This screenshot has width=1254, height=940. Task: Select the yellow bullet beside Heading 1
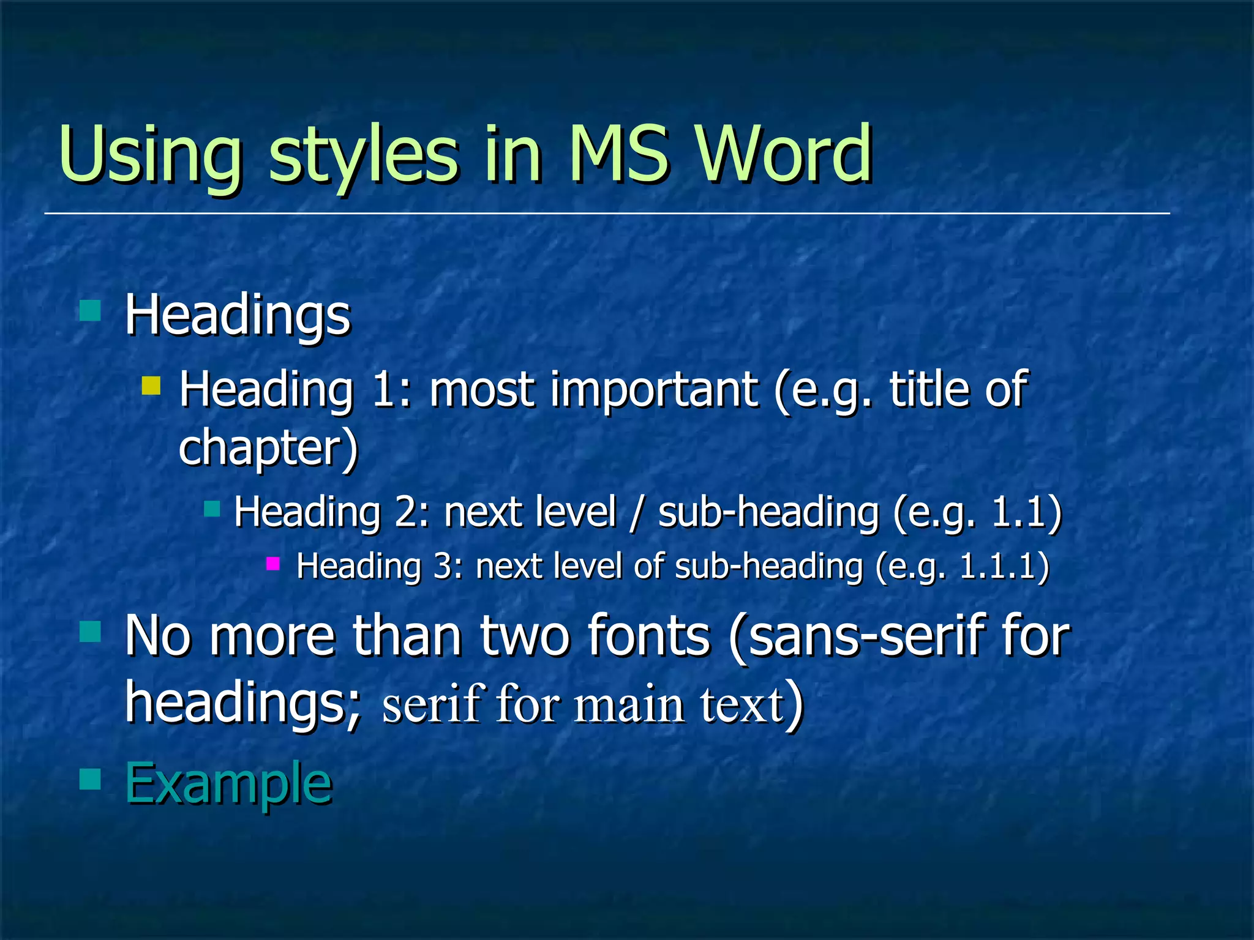point(151,386)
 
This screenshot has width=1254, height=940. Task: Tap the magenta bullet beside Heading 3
point(273,563)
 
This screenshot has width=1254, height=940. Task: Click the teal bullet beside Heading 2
point(212,508)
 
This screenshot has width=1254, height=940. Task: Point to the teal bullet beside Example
point(90,779)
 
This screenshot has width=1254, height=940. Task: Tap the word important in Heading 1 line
point(654,389)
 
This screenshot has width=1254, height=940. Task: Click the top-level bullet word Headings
point(238,315)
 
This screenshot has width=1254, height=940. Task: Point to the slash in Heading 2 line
point(637,512)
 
